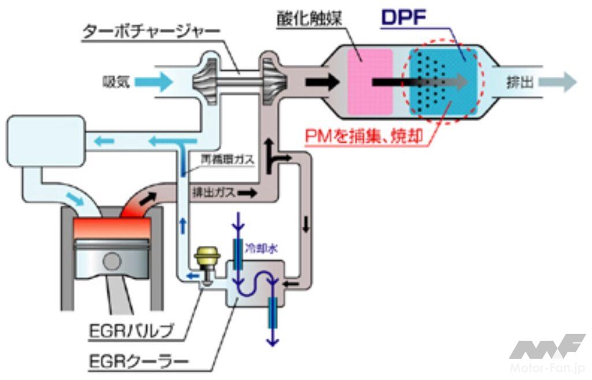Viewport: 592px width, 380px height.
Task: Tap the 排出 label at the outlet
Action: tap(517, 83)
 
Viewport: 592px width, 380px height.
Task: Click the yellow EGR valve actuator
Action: tap(204, 258)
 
